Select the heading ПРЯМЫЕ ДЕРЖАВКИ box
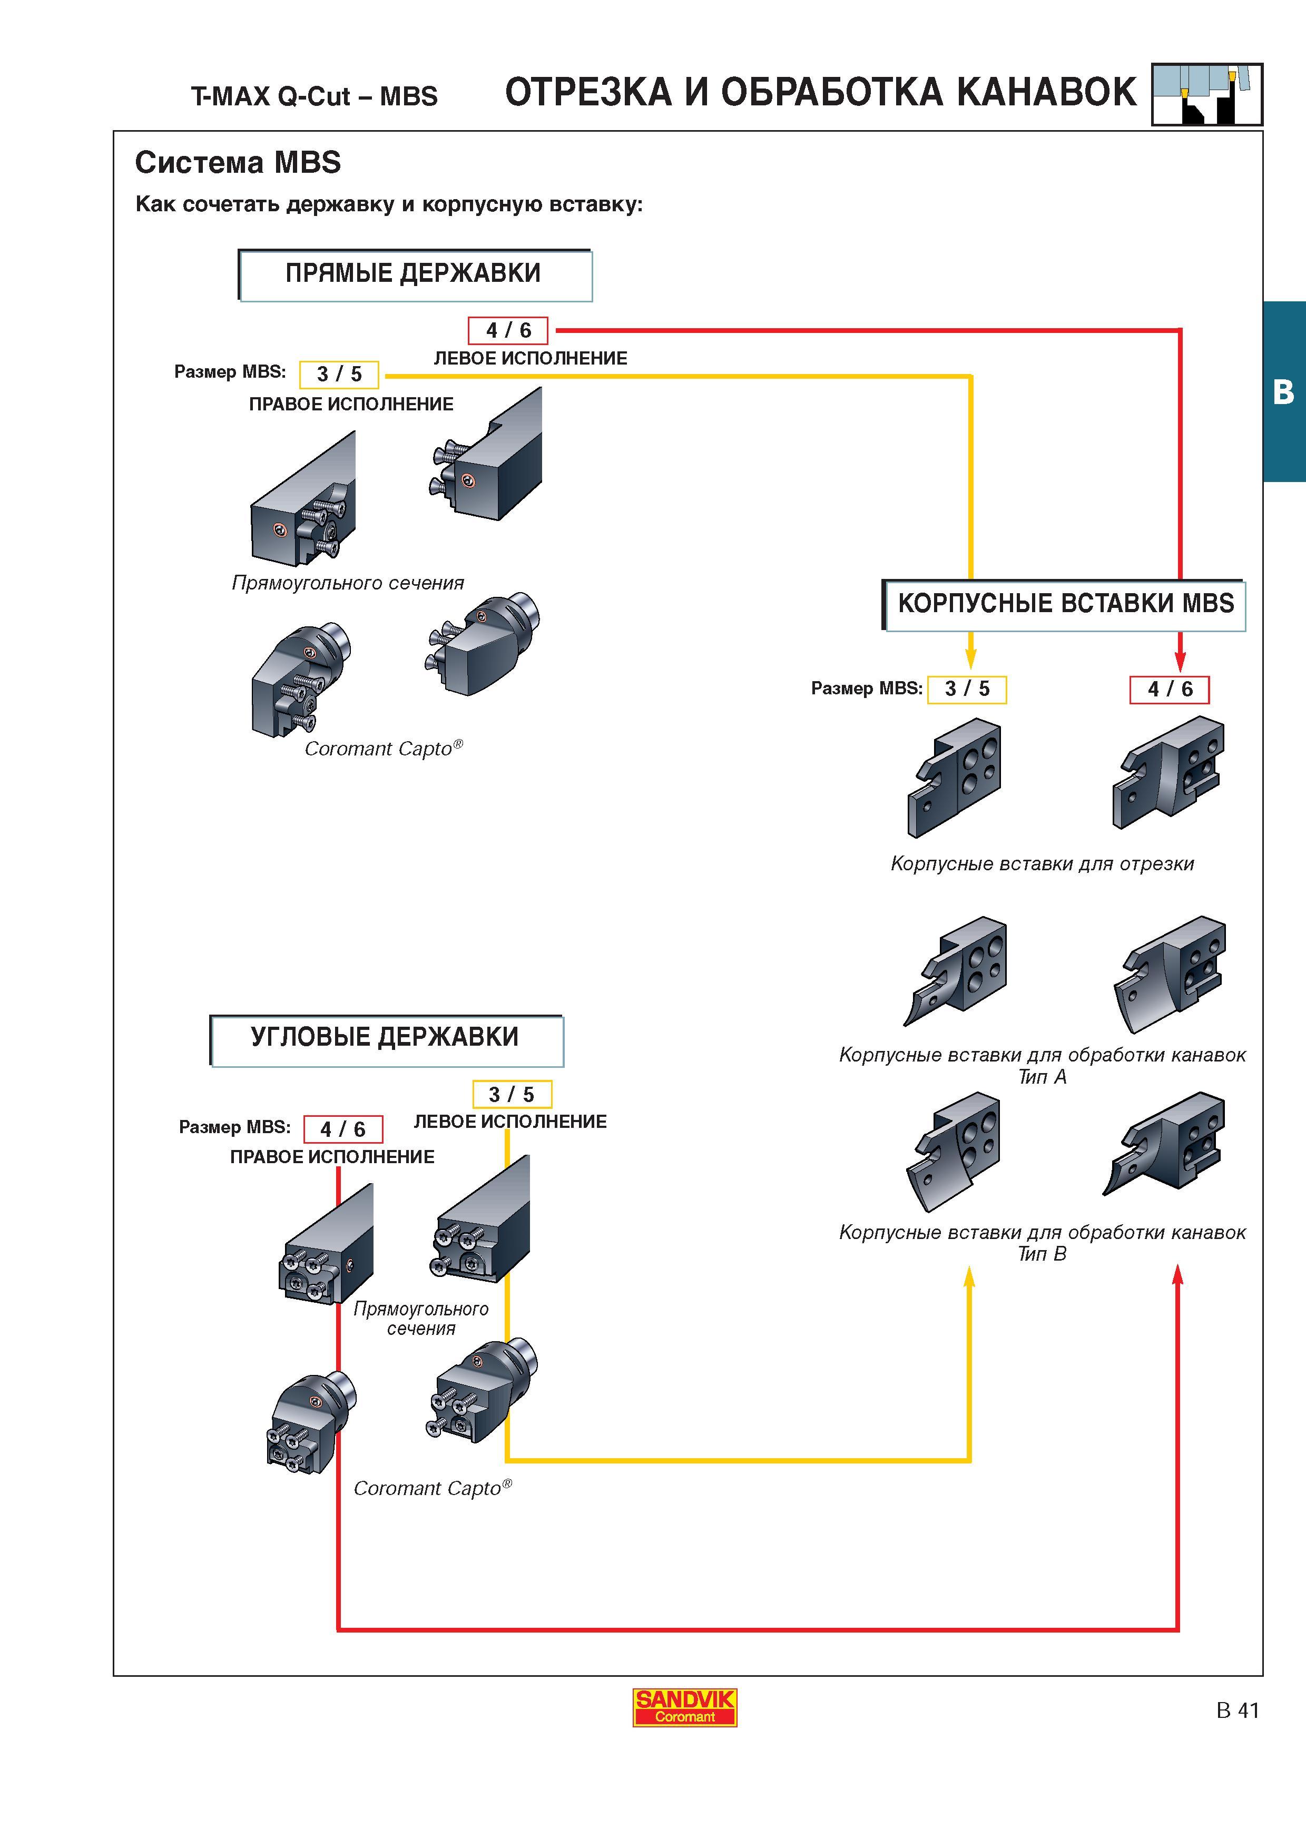pos(415,276)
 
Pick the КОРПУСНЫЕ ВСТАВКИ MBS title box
pos(1064,604)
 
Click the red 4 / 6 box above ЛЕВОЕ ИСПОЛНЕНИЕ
pos(508,330)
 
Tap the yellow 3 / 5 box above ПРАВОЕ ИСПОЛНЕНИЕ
pos(339,374)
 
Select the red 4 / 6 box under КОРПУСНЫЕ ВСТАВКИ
pos(1169,689)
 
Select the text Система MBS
pos(238,163)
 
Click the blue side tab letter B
pos(1283,392)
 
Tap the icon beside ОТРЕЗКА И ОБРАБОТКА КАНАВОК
pos(1207,94)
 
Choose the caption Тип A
pos(1042,1077)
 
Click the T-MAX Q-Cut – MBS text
pos(315,96)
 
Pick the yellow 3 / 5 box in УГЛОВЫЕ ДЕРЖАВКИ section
pos(512,1095)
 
